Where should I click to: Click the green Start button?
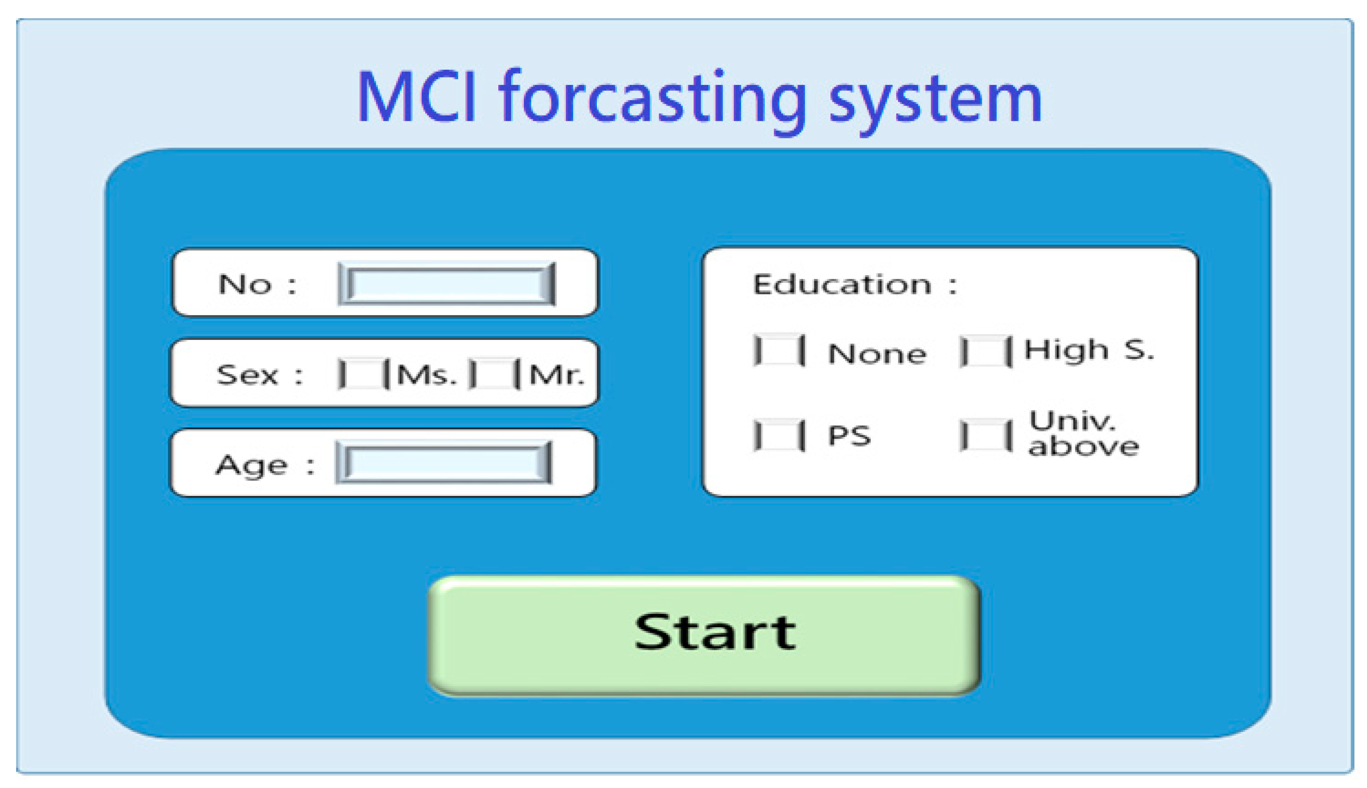click(x=704, y=635)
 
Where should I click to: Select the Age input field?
click(x=443, y=463)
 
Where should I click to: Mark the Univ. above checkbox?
click(x=985, y=435)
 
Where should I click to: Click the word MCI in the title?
click(x=417, y=97)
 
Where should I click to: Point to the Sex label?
click(x=247, y=375)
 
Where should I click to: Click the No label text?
click(x=245, y=284)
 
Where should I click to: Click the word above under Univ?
click(x=1084, y=446)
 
